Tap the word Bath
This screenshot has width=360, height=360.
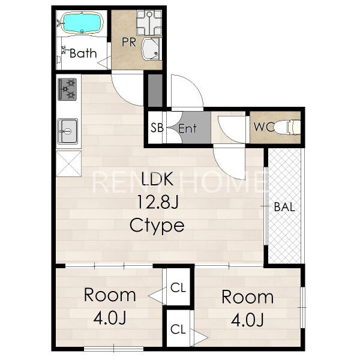click(x=83, y=53)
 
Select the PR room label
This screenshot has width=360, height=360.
click(x=129, y=42)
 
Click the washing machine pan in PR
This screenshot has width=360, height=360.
click(x=149, y=23)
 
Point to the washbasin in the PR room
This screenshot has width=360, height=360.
click(x=151, y=49)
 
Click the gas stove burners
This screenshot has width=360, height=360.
click(x=67, y=89)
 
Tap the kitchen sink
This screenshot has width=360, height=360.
click(x=67, y=131)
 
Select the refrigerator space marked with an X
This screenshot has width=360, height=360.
click(x=68, y=164)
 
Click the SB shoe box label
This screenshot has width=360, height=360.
click(x=157, y=128)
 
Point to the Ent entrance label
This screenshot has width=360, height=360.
click(x=188, y=128)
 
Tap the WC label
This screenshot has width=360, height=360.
click(x=264, y=127)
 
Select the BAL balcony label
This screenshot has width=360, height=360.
click(x=284, y=207)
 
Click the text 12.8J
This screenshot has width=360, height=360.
click(x=157, y=202)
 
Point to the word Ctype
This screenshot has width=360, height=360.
click(x=157, y=226)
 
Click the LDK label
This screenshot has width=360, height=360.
click(x=157, y=179)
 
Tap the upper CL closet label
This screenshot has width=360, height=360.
click(x=178, y=287)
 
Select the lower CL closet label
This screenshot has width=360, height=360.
click(x=178, y=329)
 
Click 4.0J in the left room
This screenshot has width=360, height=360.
click(x=110, y=318)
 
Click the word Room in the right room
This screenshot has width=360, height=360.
click(x=247, y=297)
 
